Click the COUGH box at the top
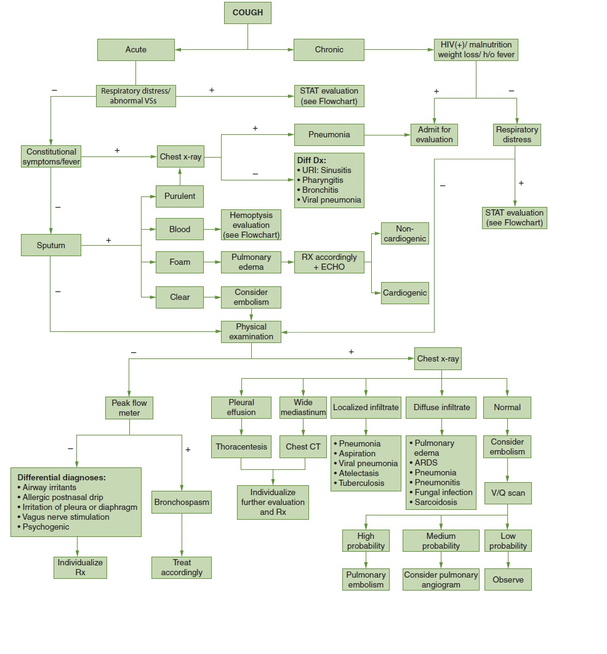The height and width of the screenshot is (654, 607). point(247,13)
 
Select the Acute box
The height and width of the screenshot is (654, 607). point(136,49)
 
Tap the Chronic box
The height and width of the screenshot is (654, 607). point(329,49)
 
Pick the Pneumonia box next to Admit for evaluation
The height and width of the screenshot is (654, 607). point(329,134)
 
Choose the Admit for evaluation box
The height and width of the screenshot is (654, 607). point(435,134)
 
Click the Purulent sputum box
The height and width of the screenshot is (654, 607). point(180,196)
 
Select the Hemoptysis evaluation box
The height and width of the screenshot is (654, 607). point(251,225)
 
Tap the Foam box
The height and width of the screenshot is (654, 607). point(180,262)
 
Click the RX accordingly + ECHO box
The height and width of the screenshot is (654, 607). point(328,262)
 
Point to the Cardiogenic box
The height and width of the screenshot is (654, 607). point(404,293)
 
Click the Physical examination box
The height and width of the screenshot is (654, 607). point(251,331)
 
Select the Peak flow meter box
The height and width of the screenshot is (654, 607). point(129,408)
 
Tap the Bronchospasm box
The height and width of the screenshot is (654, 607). point(182,502)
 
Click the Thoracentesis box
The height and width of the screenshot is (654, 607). point(241,446)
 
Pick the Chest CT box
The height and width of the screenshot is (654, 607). point(303,446)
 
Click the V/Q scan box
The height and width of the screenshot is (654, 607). point(507,493)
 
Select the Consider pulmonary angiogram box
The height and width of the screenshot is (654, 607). point(441,579)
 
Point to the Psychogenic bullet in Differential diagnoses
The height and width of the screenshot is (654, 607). point(46,527)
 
